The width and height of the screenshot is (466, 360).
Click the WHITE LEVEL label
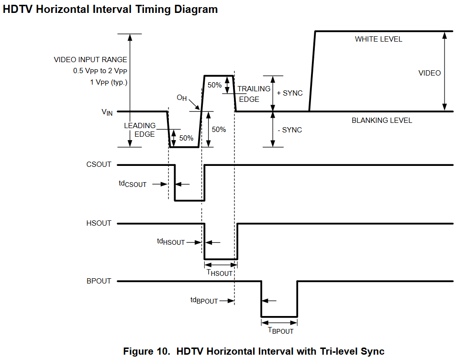378,39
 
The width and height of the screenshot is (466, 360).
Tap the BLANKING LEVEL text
382,120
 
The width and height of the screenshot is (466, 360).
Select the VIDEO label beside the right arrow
430,73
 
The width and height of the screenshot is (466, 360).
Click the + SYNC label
289,93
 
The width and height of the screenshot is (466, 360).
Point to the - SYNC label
290,130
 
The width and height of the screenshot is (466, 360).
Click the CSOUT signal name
99,164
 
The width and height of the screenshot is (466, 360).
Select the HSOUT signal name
99,223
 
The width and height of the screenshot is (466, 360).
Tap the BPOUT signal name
99,281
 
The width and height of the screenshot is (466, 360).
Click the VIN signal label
107,112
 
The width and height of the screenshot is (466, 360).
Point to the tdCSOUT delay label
133,184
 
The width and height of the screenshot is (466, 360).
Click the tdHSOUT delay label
171,241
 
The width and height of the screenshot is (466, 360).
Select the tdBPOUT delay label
204,300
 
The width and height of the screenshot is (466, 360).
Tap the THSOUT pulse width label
220,273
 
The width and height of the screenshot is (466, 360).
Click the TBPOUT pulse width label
281,330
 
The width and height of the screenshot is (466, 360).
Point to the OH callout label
182,98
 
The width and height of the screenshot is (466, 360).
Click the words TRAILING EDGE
254,94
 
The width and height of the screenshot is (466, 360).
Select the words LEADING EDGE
140,130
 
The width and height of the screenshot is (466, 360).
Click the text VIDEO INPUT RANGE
90,60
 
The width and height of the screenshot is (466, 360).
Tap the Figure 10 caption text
254,351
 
